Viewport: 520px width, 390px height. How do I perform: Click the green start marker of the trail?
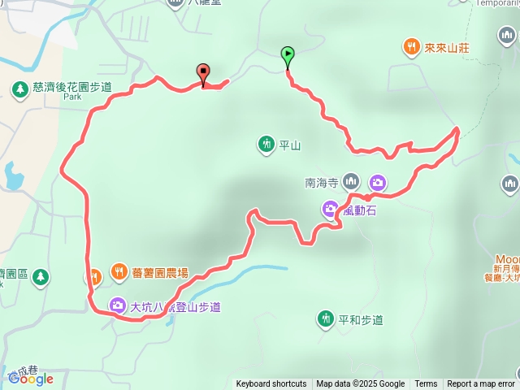288,55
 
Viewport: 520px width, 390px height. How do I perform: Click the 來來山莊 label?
447,48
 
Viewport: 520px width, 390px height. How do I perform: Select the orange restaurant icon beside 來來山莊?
412,47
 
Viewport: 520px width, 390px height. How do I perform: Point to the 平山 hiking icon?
266,145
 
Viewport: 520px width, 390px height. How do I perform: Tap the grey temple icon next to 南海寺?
351,180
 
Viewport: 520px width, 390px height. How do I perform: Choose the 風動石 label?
357,210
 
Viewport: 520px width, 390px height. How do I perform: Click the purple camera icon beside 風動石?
330,210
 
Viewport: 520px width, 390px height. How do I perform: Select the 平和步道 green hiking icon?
326,318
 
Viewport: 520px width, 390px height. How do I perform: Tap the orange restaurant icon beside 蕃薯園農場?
119,272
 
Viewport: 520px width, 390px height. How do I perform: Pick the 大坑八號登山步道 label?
175,307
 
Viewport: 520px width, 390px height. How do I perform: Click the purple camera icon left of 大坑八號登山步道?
119,306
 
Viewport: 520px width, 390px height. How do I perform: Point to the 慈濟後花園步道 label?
72,87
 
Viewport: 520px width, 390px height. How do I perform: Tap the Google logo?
32,378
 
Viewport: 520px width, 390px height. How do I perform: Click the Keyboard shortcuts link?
271,384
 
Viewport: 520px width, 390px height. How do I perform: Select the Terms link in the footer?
426,384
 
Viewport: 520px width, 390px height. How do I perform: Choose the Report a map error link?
481,384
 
